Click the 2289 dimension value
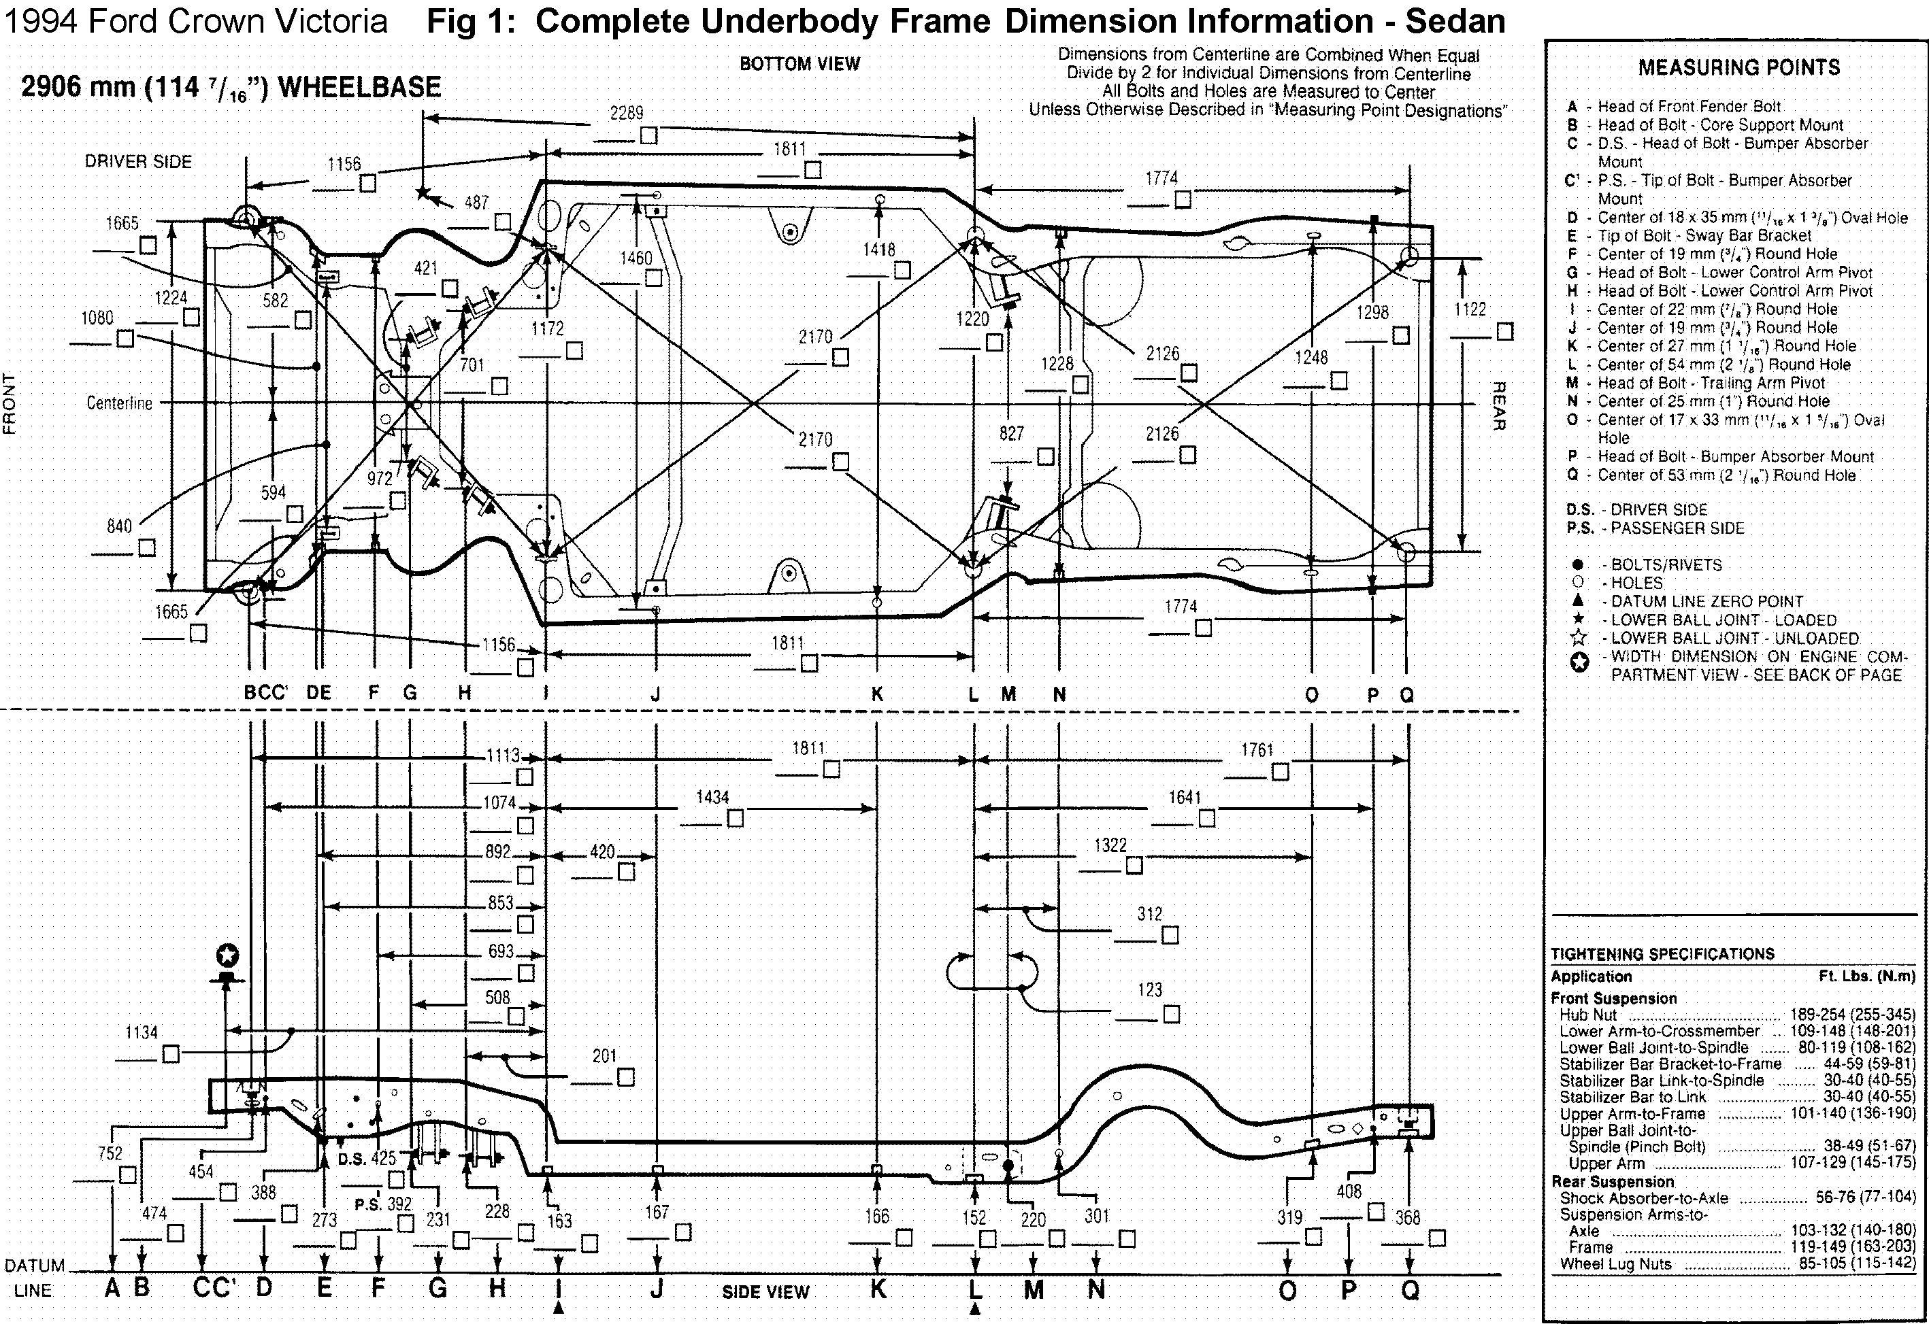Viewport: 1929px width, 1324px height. pos(627,113)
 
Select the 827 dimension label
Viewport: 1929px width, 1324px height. pos(1011,433)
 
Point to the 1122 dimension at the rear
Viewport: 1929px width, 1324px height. pos(1470,309)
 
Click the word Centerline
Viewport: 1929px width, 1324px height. pos(120,403)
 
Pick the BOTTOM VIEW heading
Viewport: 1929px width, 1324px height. pos(799,64)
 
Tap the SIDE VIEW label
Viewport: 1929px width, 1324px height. pos(765,1291)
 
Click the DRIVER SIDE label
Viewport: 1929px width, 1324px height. pos(139,162)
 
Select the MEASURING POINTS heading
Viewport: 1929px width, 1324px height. pos(1739,68)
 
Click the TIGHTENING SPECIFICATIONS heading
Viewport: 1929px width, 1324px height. pos(1662,954)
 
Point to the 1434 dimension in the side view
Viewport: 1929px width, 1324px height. pos(712,797)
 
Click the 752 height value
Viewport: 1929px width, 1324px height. pos(110,1154)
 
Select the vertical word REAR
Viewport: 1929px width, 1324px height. pos(1498,407)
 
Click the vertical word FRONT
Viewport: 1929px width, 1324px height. pos(10,404)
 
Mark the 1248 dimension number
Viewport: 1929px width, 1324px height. pos(1311,358)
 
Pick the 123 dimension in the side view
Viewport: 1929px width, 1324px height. pos(1150,989)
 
